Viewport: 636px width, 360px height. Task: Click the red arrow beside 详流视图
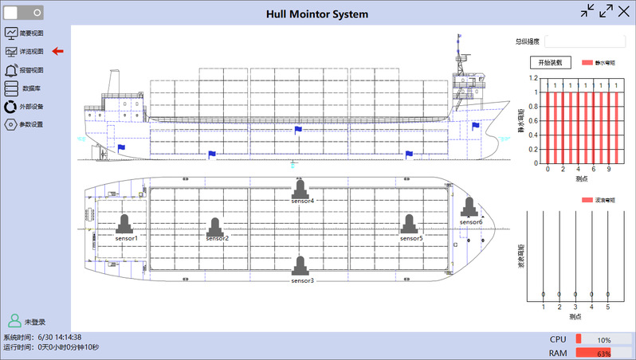pos(57,52)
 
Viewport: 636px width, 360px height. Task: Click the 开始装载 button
pos(551,62)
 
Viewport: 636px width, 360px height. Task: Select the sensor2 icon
pos(216,228)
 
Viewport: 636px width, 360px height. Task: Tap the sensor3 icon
pos(300,266)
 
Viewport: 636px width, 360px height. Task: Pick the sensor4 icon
pos(300,190)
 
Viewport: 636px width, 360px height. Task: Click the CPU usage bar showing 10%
pos(603,340)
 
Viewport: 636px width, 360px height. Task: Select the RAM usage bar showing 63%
pos(603,353)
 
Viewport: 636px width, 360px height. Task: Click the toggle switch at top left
pos(24,12)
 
